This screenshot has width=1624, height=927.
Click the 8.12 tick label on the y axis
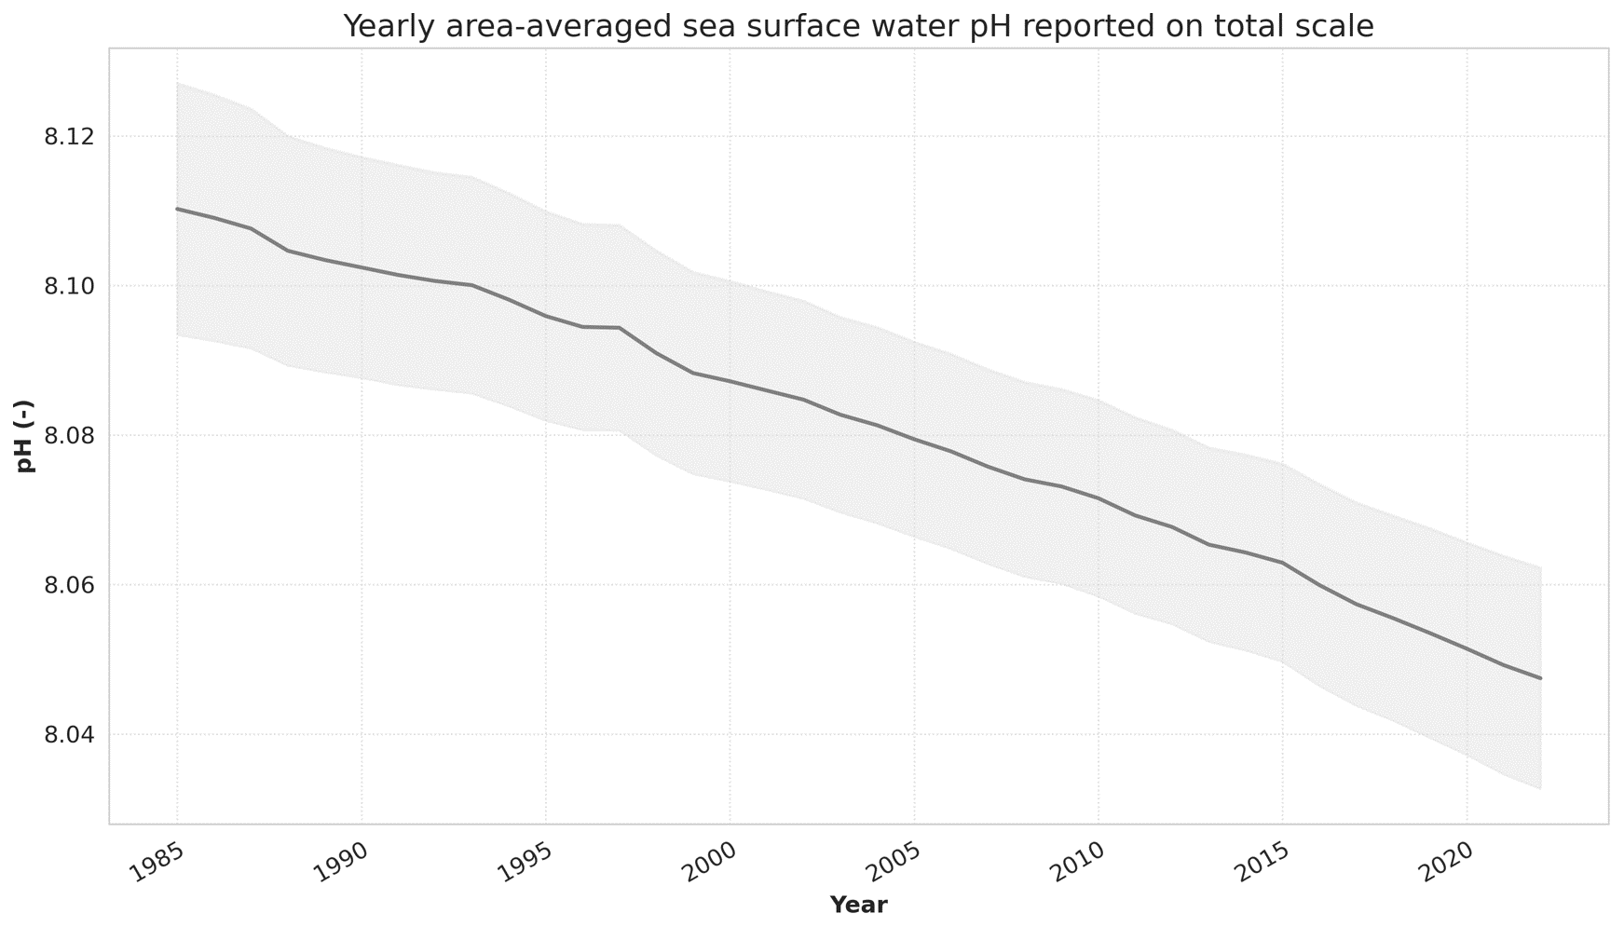(70, 137)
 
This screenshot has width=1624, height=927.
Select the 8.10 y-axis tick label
(70, 286)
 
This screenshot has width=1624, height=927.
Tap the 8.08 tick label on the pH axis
(70, 436)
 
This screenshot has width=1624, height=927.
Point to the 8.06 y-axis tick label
(70, 586)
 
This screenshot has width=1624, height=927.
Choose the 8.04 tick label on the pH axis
(70, 736)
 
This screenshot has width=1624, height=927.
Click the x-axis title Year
(858, 905)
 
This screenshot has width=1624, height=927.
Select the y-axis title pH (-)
(25, 436)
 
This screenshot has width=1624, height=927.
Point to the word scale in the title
(1339, 26)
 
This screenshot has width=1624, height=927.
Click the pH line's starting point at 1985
(177, 209)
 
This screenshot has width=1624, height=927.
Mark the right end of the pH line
(1541, 678)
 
